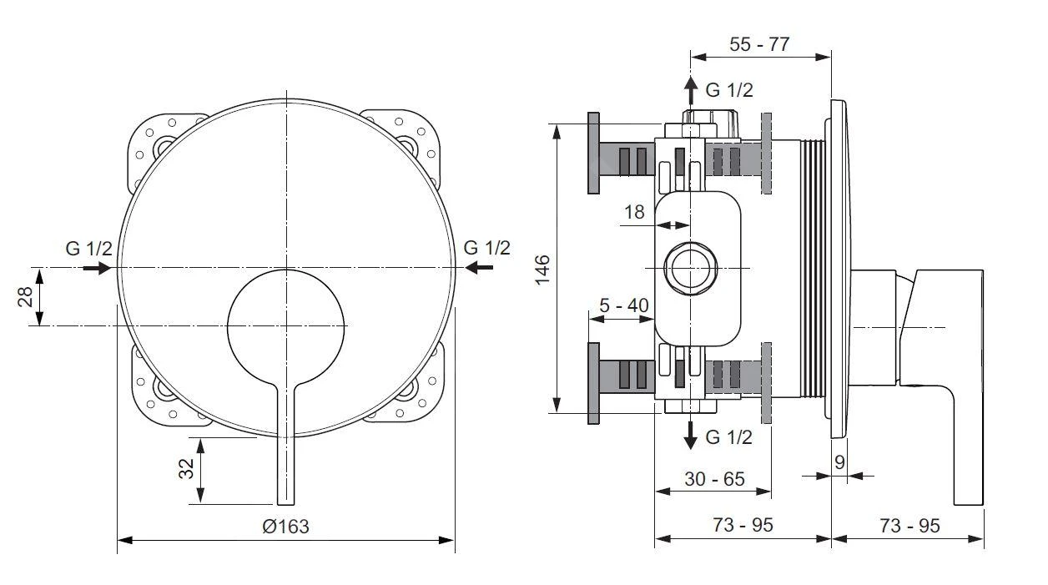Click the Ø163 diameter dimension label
point(285,527)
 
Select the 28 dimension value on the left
point(25,296)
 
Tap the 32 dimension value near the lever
point(187,470)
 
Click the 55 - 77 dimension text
point(759,44)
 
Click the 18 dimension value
point(635,212)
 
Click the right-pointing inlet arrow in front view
point(98,268)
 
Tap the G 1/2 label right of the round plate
point(486,247)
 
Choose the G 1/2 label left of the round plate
point(88,248)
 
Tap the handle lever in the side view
point(951,384)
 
